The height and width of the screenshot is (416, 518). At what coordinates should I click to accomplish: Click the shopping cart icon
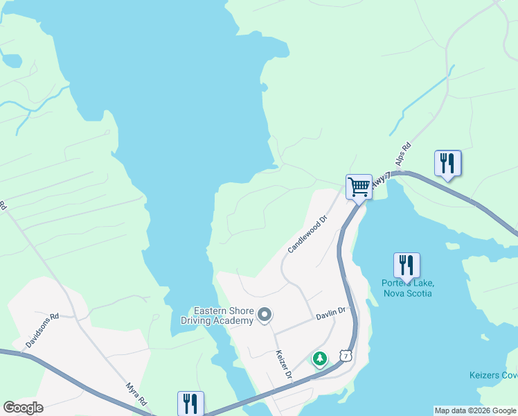(359, 187)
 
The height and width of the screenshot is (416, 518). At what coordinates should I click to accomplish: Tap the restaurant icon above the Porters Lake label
(407, 265)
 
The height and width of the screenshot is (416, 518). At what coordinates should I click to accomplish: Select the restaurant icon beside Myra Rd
(190, 404)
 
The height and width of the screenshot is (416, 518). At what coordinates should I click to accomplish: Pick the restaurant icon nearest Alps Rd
(447, 163)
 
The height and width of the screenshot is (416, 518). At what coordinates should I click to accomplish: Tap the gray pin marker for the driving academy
(264, 315)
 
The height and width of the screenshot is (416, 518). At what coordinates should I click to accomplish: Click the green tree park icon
(319, 358)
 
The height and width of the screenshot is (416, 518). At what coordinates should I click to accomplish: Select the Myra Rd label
(136, 394)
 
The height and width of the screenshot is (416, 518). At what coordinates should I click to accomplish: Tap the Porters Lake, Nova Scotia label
(407, 288)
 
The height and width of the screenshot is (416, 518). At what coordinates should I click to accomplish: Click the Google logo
(23, 408)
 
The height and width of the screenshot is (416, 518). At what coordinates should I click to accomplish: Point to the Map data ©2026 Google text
(475, 410)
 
